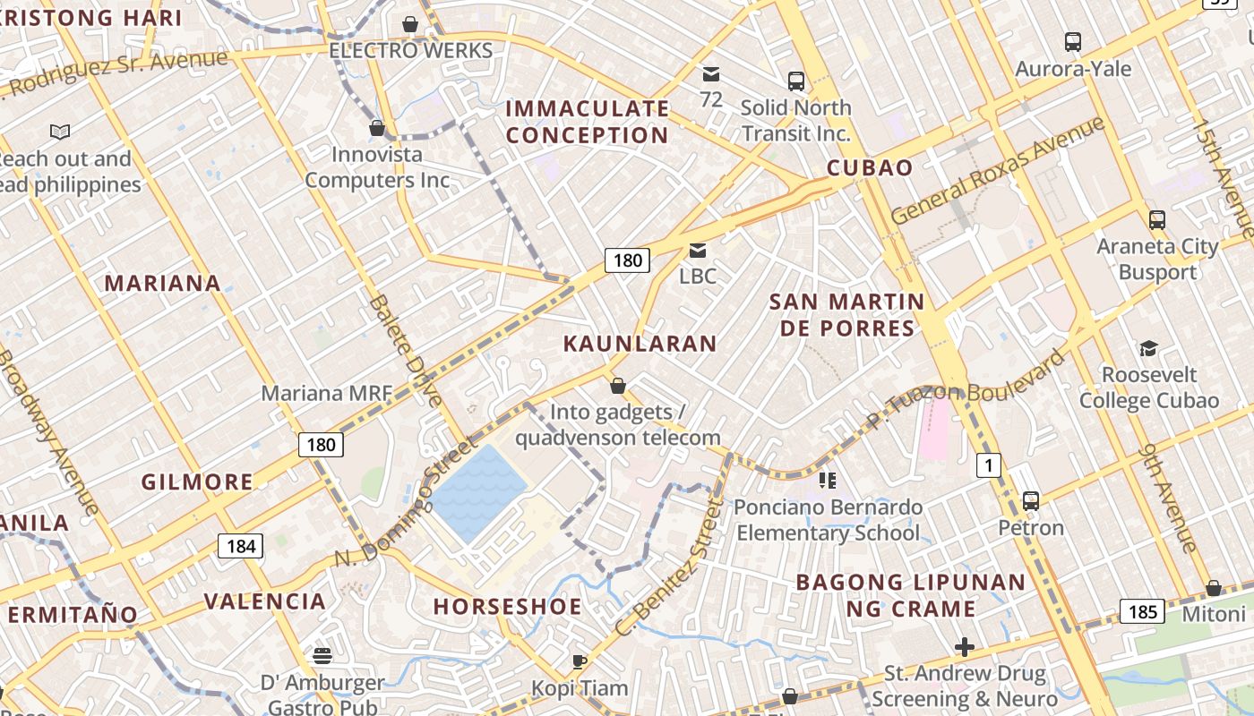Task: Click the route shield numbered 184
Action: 241,546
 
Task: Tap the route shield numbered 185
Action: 1142,612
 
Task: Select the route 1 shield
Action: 989,465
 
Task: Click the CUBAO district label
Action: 870,168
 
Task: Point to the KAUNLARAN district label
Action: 640,344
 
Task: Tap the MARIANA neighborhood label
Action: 163,284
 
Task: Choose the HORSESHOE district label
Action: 508,607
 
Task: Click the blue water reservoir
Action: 479,492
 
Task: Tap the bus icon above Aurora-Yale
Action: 1073,42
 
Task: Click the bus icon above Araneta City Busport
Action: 1157,220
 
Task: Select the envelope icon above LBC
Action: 698,251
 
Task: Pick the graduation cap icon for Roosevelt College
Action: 1148,348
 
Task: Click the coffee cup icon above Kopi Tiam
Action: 580,662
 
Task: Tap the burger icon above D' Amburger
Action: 322,656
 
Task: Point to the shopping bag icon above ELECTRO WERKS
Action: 410,24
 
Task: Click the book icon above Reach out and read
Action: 60,132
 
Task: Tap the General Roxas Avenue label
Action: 999,170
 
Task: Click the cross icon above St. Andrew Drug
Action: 965,646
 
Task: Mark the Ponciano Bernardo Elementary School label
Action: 829,520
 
